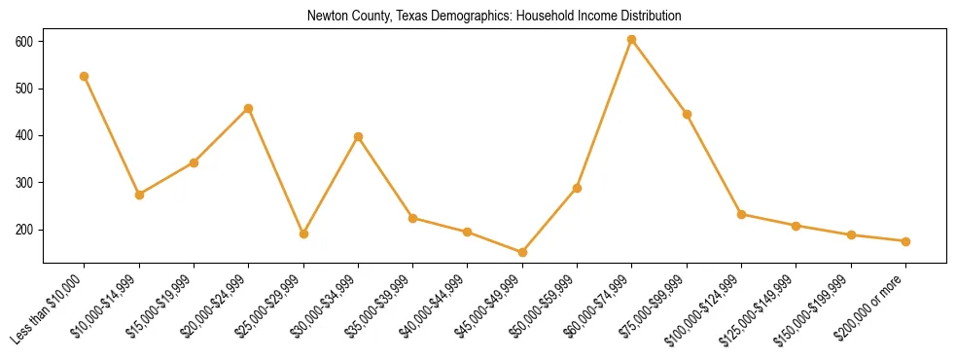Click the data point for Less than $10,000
click(x=85, y=76)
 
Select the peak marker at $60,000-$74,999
click(x=632, y=40)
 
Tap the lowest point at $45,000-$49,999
click(x=522, y=252)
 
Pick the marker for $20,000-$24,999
click(x=249, y=108)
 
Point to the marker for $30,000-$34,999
click(x=358, y=136)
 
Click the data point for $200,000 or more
click(x=905, y=241)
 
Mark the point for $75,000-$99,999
click(x=687, y=114)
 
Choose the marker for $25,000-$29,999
click(x=303, y=234)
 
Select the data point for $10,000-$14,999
click(x=139, y=195)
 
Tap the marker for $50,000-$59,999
click(x=577, y=188)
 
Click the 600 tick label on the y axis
click(x=24, y=42)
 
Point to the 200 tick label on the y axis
click(x=24, y=230)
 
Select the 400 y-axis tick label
click(x=24, y=136)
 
